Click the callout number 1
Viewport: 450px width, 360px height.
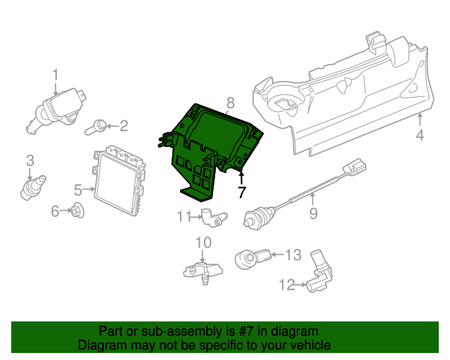click(56, 75)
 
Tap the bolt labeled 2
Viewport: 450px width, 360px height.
click(96, 127)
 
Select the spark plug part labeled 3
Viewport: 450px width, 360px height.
click(32, 188)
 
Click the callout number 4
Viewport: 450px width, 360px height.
click(420, 135)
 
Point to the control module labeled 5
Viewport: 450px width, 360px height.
click(119, 181)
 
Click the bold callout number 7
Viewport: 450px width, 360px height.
click(242, 193)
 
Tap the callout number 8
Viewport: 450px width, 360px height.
click(231, 103)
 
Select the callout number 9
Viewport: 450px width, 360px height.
click(313, 213)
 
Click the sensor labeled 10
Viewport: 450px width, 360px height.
click(203, 271)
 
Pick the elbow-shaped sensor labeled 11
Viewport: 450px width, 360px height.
click(214, 217)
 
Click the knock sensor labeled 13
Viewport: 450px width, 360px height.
click(253, 258)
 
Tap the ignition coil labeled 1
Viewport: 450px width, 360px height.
click(56, 110)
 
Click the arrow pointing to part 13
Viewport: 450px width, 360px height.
click(277, 255)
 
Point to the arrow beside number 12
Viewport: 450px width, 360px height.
click(301, 285)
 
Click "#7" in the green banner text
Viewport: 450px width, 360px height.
click(245, 331)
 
